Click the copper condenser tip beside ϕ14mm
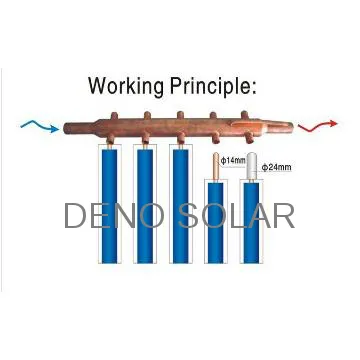(216, 165)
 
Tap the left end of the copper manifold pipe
(68, 128)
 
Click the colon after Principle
(256, 86)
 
